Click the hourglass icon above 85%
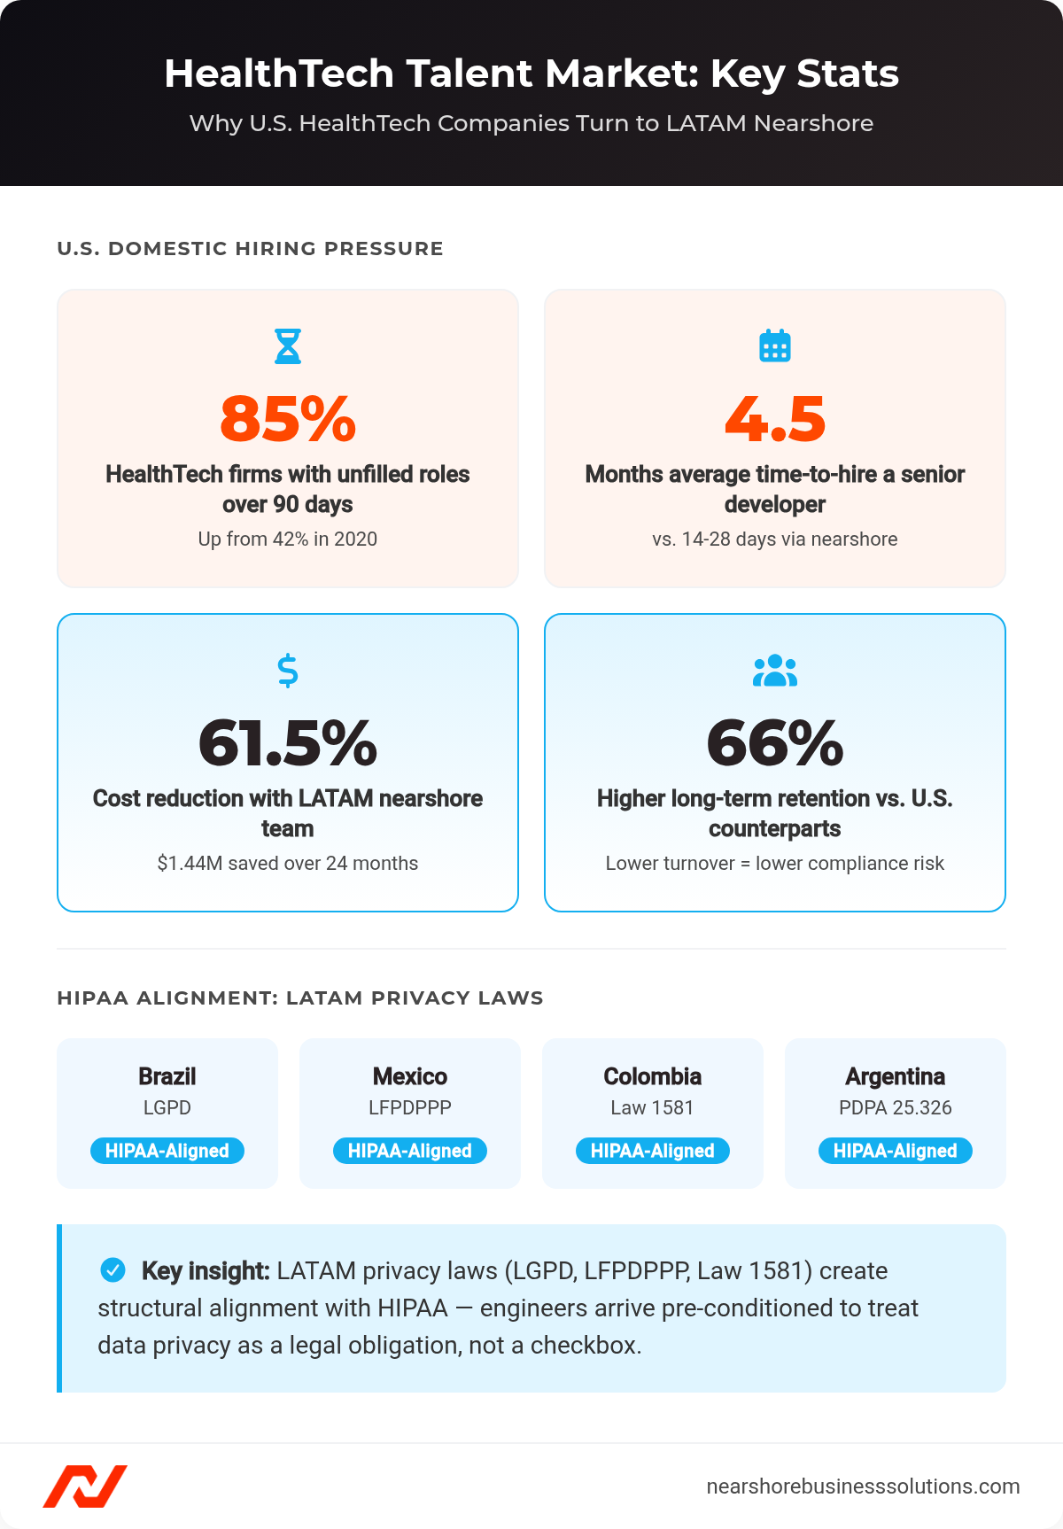coord(288,346)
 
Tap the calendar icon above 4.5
coord(775,345)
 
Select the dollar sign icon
coord(288,671)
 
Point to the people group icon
coord(775,671)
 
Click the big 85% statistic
coord(288,419)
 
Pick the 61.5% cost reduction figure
coord(288,743)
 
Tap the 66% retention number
coord(775,743)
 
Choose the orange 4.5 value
coord(775,419)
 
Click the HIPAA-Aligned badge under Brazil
coord(167,1151)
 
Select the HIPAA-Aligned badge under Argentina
coord(896,1151)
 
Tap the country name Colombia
coord(653,1076)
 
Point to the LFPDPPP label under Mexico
coord(410,1107)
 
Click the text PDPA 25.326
coord(896,1107)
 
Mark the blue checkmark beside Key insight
coord(113,1269)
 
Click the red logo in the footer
coord(85,1486)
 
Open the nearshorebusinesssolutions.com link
coord(863,1486)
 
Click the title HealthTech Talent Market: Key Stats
coord(531,74)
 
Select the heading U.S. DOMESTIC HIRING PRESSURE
coord(250,249)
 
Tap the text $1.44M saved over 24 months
coord(288,863)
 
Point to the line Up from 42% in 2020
coord(288,539)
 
